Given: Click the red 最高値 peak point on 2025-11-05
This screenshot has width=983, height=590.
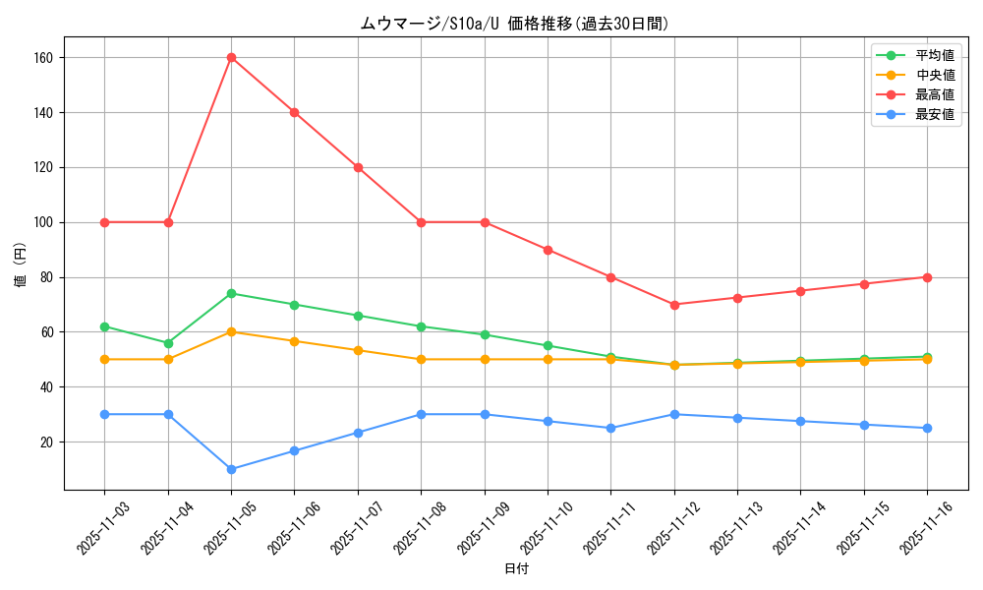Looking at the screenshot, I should coord(231,57).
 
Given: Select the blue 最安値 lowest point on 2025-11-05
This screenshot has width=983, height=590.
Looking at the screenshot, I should coord(231,469).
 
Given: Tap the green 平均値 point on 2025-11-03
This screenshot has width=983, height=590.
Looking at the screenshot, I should coord(104,326).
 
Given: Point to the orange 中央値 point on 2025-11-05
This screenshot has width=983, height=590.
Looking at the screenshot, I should coord(231,331).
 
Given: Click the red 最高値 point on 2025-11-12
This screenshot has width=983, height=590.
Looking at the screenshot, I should coord(674,305).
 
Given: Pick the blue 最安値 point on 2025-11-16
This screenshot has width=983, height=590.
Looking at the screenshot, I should coord(927,428).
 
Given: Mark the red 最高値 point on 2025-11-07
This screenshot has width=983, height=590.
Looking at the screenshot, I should coord(358,167).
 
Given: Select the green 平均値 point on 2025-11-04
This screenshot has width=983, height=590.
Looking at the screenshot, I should coord(168,343).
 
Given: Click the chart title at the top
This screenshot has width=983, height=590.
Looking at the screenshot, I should coord(514,25).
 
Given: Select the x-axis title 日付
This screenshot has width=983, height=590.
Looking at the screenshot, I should coord(515,569).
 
